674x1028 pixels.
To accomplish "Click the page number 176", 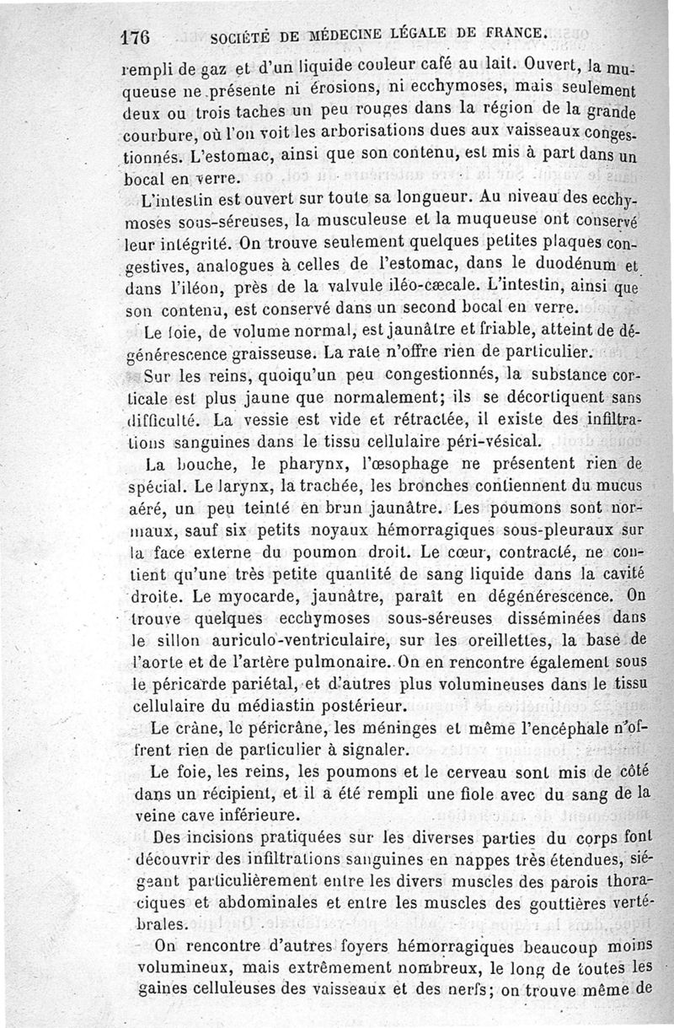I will click(x=135, y=37).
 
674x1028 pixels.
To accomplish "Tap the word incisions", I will click(x=217, y=837).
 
